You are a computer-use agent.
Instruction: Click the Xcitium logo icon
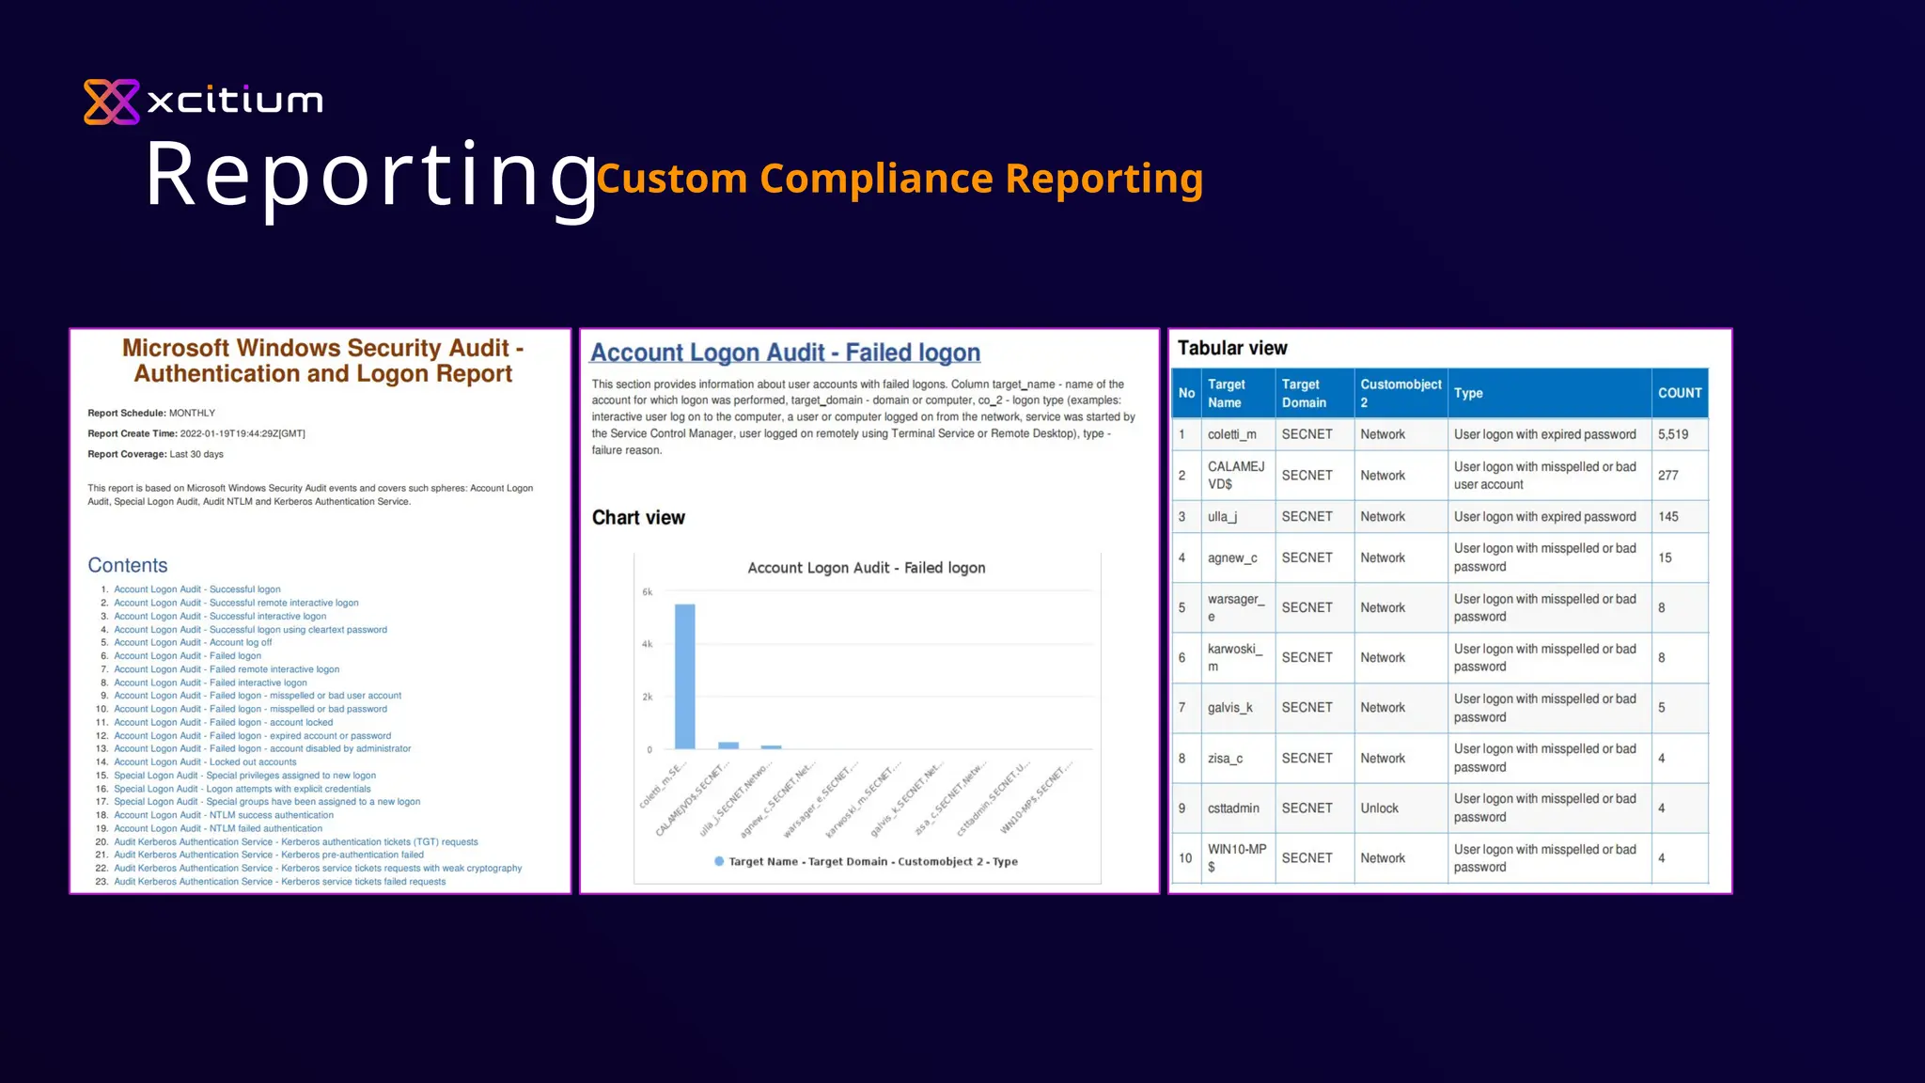tap(112, 102)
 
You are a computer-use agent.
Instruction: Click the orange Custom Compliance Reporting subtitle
tap(900, 179)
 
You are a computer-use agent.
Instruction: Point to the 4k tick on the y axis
tap(647, 645)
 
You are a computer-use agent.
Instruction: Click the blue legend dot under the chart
tap(719, 861)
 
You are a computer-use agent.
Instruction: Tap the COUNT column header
tap(1680, 393)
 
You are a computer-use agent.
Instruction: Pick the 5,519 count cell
tap(1673, 434)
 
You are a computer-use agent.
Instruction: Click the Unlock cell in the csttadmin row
tap(1379, 808)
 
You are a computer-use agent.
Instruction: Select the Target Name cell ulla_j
tap(1222, 517)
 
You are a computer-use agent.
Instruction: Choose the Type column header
tap(1468, 393)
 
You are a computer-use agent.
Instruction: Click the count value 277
tap(1668, 476)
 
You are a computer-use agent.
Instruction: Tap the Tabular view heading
tap(1232, 349)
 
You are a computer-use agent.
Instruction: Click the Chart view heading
tap(638, 518)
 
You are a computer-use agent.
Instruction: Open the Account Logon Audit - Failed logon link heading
tap(785, 353)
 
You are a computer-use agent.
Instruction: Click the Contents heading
tap(128, 566)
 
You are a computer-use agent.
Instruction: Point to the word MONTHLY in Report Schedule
tap(192, 414)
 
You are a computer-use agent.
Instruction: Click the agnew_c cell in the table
tap(1232, 558)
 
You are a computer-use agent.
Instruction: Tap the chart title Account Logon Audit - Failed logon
tap(866, 568)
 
